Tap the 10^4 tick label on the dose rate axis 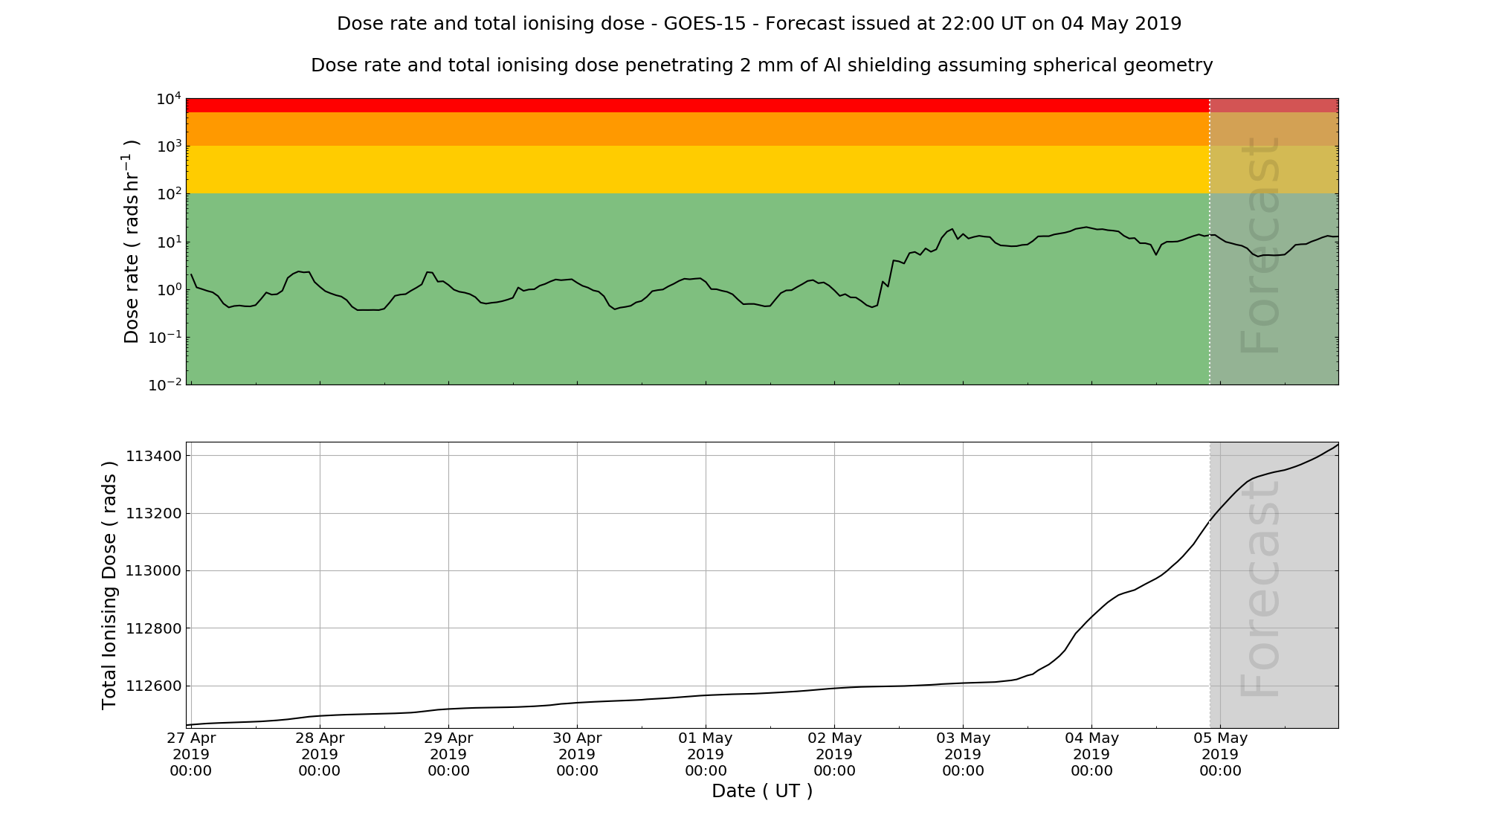click(169, 98)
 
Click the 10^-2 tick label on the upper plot click(166, 384)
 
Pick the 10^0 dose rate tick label click(169, 289)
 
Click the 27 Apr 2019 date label click(191, 754)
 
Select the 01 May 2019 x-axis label click(706, 754)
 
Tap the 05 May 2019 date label click(1220, 754)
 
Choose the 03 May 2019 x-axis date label click(963, 754)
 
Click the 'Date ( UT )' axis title click(762, 791)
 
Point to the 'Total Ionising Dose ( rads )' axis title click(109, 585)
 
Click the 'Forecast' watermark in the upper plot click(1261, 245)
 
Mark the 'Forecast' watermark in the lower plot click(1261, 587)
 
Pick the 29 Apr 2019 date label click(448, 754)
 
